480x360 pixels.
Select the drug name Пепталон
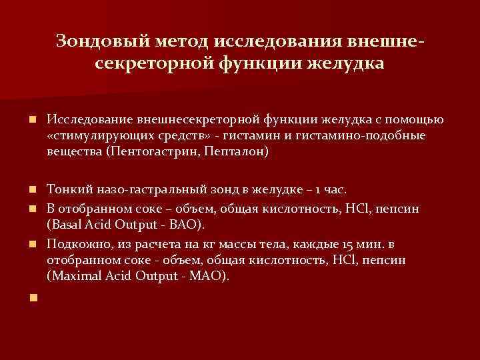pos(238,152)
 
